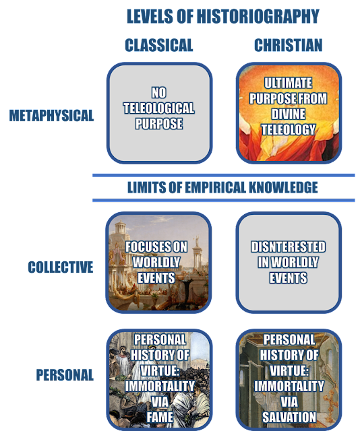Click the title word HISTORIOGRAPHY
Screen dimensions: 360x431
coord(258,16)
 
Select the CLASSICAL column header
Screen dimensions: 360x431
coord(159,45)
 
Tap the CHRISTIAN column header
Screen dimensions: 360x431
coord(288,45)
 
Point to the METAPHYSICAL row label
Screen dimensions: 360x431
coord(51,115)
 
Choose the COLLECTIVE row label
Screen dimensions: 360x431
coord(61,267)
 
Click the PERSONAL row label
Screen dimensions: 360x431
coord(65,375)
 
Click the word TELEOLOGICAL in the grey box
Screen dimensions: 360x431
coord(159,108)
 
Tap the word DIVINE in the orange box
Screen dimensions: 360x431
coord(288,114)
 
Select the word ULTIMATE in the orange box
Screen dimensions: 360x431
coord(288,83)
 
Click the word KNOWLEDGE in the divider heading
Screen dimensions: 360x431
coord(284,188)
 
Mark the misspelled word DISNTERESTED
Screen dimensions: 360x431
coord(288,247)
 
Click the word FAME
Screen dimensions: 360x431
coord(160,418)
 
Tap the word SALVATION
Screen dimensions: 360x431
coord(289,418)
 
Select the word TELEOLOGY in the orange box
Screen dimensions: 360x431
coord(288,130)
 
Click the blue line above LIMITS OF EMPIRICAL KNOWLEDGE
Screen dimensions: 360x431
coord(224,175)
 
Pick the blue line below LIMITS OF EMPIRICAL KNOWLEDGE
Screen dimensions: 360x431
coord(224,201)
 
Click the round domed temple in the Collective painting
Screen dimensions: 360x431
coord(120,227)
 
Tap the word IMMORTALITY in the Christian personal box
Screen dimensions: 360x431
coord(289,387)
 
